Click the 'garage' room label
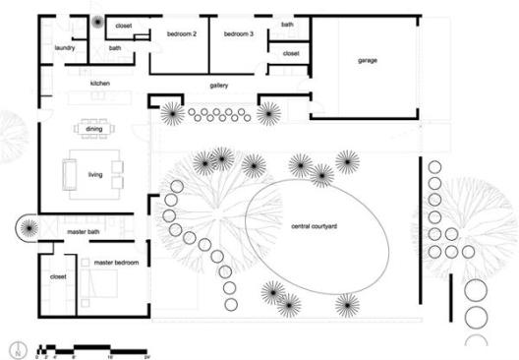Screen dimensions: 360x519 (x=367, y=61)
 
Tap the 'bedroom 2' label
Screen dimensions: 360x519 (x=182, y=34)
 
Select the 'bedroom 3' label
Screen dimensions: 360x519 (x=239, y=34)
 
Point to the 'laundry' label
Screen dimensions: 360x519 (x=65, y=47)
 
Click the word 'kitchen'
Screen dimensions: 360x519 (x=100, y=84)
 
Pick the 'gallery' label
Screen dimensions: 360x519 (x=219, y=86)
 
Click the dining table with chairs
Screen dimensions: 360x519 (x=94, y=128)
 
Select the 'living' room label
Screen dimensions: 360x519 (x=95, y=175)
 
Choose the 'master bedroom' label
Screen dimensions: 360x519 (x=116, y=263)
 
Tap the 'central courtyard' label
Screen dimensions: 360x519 (x=315, y=226)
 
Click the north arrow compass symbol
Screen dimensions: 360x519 (x=19, y=349)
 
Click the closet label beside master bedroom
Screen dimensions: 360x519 (x=58, y=276)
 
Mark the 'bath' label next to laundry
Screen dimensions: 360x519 (x=115, y=47)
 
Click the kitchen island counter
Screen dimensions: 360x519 (x=100, y=99)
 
